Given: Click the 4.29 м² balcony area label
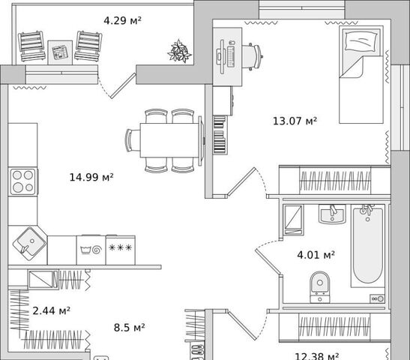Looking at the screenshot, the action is pos(123,20).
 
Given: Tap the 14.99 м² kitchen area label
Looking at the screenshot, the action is pos(91,178).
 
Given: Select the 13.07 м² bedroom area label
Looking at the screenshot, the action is pos(295,121).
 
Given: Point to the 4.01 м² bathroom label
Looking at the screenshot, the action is pos(316,254).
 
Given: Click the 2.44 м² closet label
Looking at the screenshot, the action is pos(51,310).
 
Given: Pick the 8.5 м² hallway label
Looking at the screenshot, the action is pos(130,327).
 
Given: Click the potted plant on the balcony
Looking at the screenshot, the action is pos(179,51).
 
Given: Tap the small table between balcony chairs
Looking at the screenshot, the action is pos(60,52).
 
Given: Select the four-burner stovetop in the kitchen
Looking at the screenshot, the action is pos(23,181).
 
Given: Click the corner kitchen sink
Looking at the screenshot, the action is pos(29,243).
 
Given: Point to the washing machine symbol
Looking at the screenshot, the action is pos(91,250).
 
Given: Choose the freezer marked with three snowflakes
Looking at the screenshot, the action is pos(121,250).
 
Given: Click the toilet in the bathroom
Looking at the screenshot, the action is pos(320,287).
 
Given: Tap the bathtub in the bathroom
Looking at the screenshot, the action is pos(367,246).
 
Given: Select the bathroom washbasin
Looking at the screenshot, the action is pos(332,214).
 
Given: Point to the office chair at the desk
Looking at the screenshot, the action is pos(253,56).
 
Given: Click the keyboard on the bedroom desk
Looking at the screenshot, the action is pos(231,56).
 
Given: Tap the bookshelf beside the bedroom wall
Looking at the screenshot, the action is pos(220,135).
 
